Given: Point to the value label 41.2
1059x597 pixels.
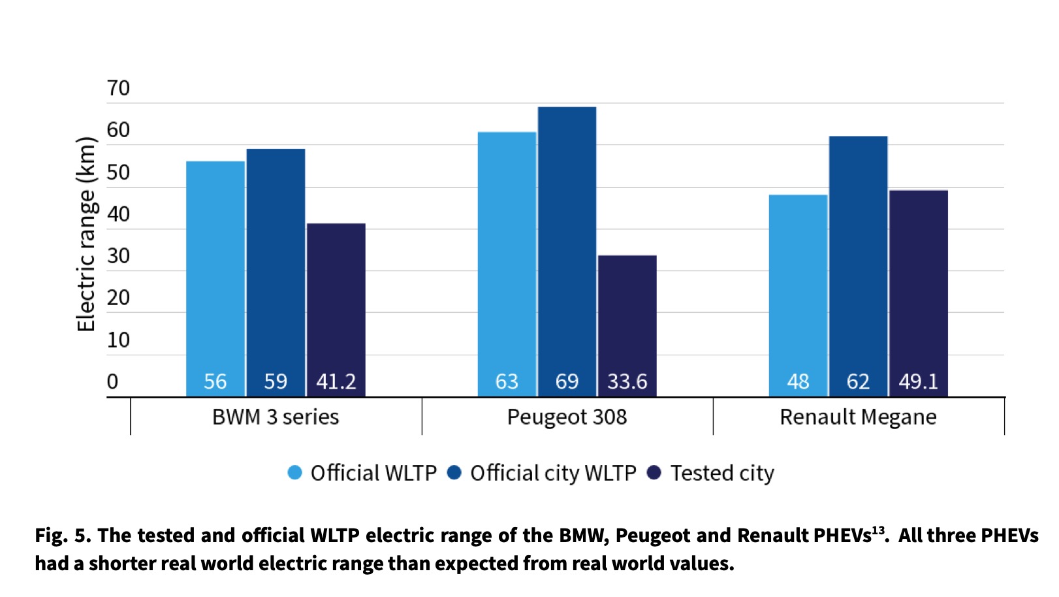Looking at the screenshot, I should tap(336, 381).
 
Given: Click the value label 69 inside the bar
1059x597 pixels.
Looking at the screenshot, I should tap(567, 381).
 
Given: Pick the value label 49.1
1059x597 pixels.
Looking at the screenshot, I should tap(918, 381).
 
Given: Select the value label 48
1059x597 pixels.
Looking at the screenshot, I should tap(798, 381).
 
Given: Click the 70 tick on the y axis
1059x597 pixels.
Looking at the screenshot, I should tap(118, 88).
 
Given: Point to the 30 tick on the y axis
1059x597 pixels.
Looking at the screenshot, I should tap(118, 256).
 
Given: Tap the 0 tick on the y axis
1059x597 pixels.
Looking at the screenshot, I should tap(112, 381).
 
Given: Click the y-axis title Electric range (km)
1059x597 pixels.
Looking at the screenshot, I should tap(86, 234).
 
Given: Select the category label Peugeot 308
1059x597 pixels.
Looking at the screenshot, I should tap(567, 417).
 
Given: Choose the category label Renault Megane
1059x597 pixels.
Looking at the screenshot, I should tap(858, 417).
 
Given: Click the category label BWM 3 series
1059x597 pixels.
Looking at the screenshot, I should tap(276, 417).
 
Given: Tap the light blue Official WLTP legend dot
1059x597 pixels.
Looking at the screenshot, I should tap(295, 472).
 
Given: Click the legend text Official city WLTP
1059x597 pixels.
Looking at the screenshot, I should tap(552, 473).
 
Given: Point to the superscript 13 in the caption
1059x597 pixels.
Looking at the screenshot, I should tap(878, 530).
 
